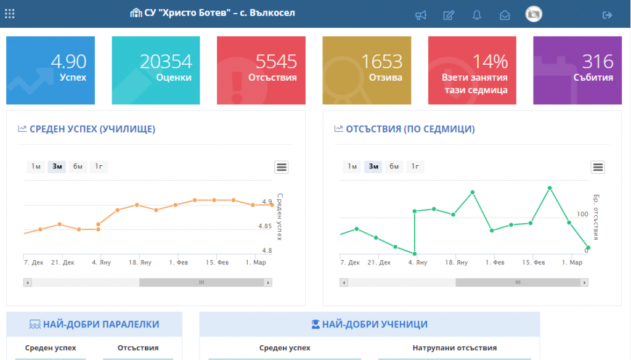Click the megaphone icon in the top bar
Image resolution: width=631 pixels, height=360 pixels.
(420, 15)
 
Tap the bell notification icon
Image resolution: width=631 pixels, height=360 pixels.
(477, 15)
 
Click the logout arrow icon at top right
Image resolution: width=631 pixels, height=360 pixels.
(607, 15)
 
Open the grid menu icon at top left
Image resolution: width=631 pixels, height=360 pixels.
(10, 14)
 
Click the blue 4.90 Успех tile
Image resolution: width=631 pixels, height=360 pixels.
(51, 70)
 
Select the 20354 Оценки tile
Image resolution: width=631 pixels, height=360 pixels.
(156, 70)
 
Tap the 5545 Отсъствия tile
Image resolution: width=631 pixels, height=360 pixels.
(261, 70)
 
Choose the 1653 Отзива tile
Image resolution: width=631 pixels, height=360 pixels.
(367, 70)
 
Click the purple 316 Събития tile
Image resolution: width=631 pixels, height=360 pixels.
(577, 70)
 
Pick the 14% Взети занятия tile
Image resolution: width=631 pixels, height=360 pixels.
(472, 70)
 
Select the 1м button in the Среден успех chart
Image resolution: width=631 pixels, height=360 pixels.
(36, 166)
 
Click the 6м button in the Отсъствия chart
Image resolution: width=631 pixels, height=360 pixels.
(394, 166)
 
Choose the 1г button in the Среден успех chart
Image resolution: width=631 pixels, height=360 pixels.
(99, 166)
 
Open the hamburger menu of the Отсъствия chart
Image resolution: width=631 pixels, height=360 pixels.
(598, 167)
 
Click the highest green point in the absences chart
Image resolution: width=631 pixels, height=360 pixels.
(550, 188)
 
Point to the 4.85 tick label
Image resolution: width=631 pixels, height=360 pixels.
(265, 226)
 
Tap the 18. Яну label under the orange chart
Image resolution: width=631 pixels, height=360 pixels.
(140, 262)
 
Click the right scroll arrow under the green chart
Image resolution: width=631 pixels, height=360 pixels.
(584, 283)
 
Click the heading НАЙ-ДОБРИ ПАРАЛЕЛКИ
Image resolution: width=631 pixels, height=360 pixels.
(101, 324)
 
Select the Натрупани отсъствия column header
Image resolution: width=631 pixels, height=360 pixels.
(455, 348)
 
